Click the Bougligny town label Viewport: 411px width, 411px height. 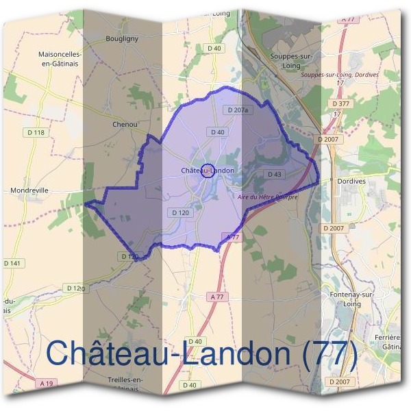point(122,38)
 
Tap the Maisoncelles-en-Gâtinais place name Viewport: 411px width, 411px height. point(60,58)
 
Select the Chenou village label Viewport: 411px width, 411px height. point(125,125)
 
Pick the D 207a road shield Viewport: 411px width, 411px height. point(238,110)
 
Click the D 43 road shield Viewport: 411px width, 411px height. point(274,174)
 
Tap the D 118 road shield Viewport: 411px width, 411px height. point(35,132)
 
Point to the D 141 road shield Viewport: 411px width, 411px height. point(12,263)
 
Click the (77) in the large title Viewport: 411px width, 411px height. point(327,353)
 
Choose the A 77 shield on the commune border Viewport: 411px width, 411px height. point(232,236)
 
